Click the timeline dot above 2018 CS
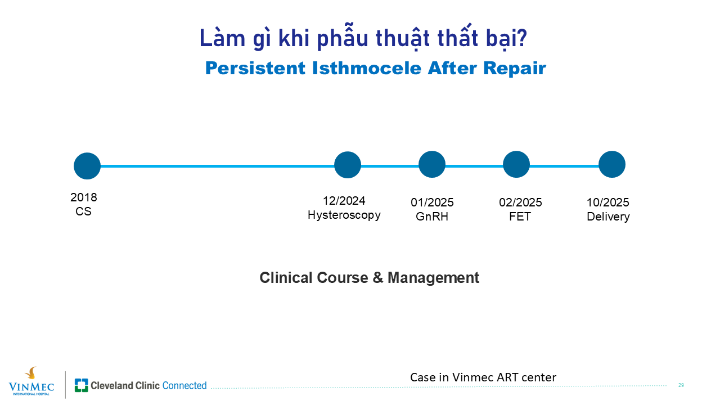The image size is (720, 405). coord(87,166)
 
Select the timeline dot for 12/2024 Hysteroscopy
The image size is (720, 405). coord(348,165)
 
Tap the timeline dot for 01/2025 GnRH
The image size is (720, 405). coord(432,164)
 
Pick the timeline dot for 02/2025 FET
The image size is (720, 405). coord(516,164)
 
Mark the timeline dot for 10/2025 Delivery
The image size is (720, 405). coord(612,164)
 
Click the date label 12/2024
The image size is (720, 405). coord(344,201)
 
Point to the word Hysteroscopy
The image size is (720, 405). coord(344,215)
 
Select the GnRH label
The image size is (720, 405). coord(432,217)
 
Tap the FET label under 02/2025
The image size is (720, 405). coord(520,217)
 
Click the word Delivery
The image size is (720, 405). coord(608,217)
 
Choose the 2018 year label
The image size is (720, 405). coord(84,197)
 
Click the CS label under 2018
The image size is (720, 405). coord(84,211)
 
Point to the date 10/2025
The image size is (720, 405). coord(608,202)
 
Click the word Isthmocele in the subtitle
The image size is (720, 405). coord(366,68)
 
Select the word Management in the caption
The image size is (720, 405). coord(433,278)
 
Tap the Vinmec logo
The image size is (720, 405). coord(31,381)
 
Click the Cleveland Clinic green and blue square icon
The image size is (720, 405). coord(82,385)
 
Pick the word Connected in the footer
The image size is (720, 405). coord(184,385)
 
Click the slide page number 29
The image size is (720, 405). coord(681,385)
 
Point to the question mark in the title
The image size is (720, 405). coord(523,38)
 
